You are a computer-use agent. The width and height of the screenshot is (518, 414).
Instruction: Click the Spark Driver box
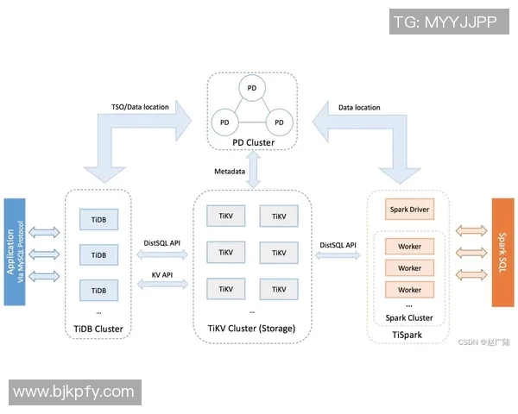409,210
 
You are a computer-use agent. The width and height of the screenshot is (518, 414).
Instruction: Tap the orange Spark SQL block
502,252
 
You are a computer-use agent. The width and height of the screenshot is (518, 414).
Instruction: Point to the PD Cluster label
254,142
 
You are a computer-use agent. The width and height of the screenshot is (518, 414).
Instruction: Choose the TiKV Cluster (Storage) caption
251,329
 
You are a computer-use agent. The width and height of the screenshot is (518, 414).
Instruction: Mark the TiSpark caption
409,332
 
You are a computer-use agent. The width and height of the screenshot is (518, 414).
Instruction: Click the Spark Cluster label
409,317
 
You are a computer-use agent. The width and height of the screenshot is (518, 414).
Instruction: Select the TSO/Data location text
141,108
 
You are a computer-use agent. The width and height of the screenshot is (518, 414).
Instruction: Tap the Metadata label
230,171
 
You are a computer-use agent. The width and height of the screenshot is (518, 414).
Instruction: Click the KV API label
161,273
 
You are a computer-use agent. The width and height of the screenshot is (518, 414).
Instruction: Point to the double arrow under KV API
161,285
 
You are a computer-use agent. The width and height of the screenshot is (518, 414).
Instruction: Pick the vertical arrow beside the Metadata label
254,168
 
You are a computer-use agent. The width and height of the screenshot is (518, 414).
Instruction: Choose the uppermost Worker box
409,247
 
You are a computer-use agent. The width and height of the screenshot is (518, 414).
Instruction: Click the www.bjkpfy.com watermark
74,392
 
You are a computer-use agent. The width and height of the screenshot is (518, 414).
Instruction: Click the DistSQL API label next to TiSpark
338,245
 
